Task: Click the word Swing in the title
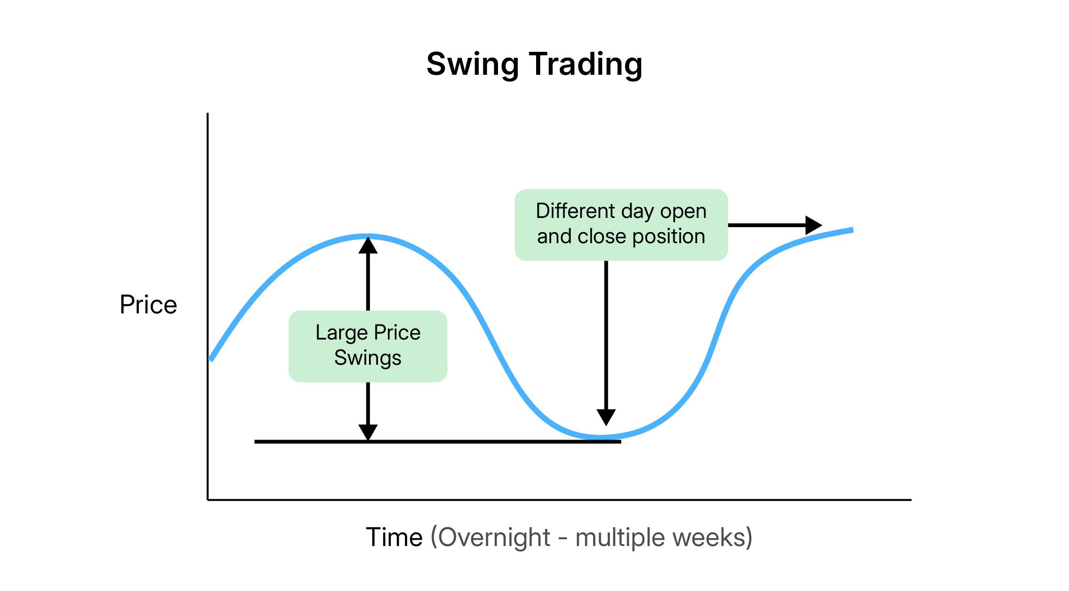[x=473, y=65]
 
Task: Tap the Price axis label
[x=148, y=305]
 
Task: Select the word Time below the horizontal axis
[x=394, y=537]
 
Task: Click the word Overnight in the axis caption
[x=494, y=538]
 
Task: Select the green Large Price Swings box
[x=368, y=346]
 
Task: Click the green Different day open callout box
[x=621, y=225]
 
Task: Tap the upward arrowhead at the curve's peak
[x=368, y=245]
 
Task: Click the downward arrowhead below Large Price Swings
[x=368, y=432]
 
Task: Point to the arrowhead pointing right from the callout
[x=814, y=225]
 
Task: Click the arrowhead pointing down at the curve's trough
[x=606, y=418]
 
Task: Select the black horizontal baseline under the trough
[x=438, y=441]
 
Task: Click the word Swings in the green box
[x=368, y=358]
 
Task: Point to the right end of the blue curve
[x=852, y=230]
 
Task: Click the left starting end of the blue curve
[x=211, y=359]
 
